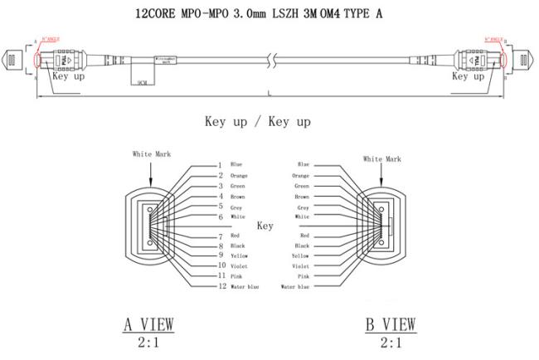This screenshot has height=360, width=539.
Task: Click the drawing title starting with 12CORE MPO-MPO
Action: point(269,13)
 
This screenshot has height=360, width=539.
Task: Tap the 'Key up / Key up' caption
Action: point(258,122)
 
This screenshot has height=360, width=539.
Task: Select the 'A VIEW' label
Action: point(149,324)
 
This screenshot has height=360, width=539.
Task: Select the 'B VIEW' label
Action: point(390,324)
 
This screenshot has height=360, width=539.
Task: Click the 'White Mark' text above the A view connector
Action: point(150,153)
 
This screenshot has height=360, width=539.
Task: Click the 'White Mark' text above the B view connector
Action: point(382,158)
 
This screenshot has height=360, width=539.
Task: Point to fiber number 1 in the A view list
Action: point(220,165)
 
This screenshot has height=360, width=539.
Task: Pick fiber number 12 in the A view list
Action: point(221,286)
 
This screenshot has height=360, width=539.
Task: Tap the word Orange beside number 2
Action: point(239,176)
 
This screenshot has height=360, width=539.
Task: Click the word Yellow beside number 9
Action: point(239,255)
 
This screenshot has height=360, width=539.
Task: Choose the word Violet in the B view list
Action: point(300,266)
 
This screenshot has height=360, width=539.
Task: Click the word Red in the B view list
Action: point(305,236)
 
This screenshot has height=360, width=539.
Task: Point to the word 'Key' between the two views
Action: point(265,226)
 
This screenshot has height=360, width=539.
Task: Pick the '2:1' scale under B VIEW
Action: point(390,343)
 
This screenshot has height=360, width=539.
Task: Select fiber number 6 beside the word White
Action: point(221,216)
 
